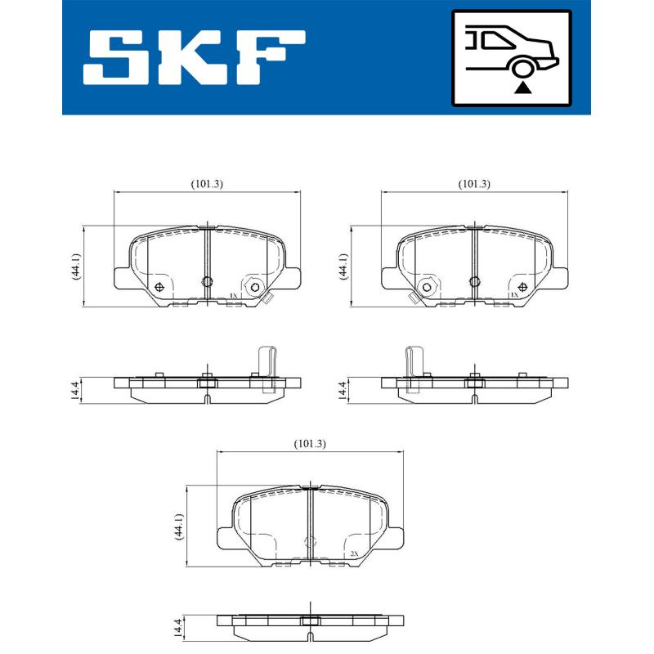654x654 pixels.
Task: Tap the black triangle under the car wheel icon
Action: click(522, 86)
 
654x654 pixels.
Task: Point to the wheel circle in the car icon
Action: click(522, 68)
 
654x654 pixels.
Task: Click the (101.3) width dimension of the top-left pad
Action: click(207, 184)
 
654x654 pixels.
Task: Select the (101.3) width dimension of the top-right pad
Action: click(474, 184)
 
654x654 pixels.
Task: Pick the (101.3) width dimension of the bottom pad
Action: click(310, 444)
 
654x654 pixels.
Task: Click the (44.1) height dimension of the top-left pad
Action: click(74, 267)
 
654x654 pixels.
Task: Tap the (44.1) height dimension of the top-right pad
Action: click(343, 267)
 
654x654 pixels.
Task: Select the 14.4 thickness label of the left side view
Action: click(74, 389)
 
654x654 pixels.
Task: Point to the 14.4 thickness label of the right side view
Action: click(343, 389)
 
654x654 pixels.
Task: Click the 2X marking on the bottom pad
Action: click(354, 554)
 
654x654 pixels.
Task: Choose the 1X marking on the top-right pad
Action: click(514, 295)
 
